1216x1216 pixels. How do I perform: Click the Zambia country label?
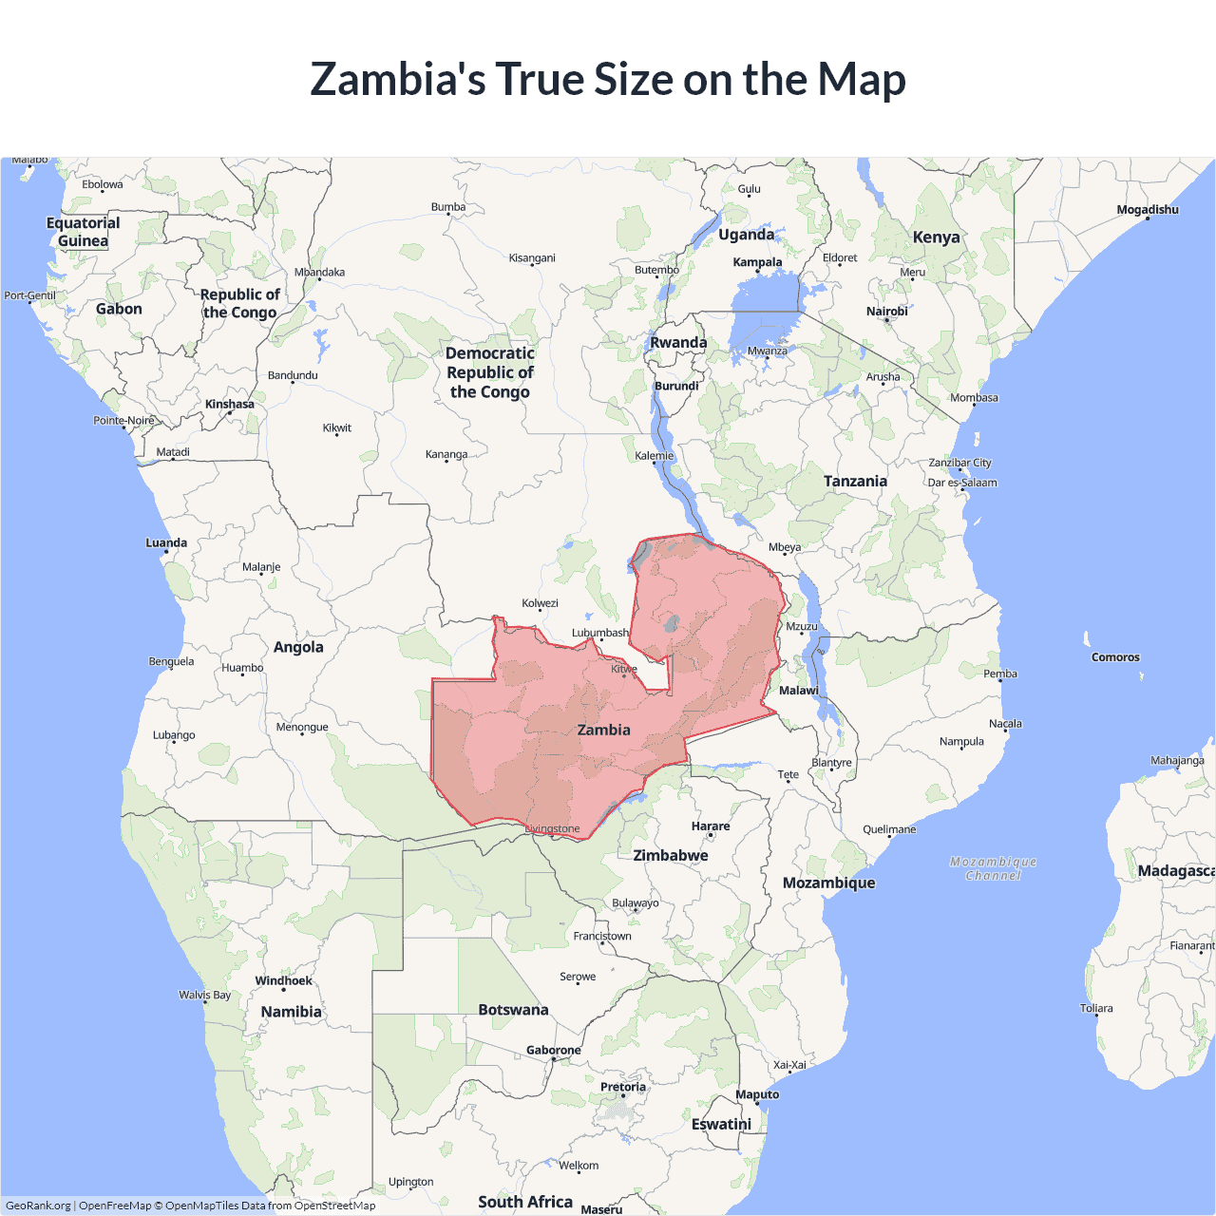(x=603, y=730)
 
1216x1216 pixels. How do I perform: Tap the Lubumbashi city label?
(x=599, y=633)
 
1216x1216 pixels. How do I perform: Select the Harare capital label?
(x=711, y=826)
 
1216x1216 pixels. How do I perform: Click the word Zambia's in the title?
(x=397, y=79)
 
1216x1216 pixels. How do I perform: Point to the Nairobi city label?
(x=886, y=312)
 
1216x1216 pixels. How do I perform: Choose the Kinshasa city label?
(x=230, y=404)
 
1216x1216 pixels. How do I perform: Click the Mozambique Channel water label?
(x=993, y=868)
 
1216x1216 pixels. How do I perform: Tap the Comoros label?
(x=1115, y=657)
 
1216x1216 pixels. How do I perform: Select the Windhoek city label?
(x=283, y=980)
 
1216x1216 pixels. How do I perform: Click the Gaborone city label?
(x=553, y=1050)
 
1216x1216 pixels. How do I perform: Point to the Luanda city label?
(x=166, y=543)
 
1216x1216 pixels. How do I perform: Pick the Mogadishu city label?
(x=1148, y=210)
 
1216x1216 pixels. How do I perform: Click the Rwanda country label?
(x=678, y=343)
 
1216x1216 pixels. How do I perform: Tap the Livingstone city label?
(x=553, y=828)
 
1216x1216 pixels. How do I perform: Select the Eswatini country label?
(x=721, y=1124)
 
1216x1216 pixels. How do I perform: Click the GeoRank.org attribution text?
(x=38, y=1206)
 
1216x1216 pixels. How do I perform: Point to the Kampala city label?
(x=757, y=262)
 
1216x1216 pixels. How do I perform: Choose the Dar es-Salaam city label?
(x=962, y=483)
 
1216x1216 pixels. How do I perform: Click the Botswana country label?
(x=513, y=1010)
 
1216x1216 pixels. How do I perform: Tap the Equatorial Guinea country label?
(x=84, y=232)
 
